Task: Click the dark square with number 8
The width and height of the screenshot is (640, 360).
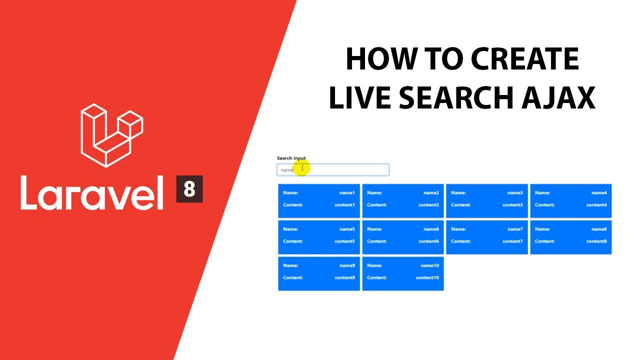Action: click(189, 189)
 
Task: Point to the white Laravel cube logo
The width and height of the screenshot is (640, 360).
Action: click(111, 135)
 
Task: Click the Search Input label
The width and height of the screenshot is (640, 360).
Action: click(291, 158)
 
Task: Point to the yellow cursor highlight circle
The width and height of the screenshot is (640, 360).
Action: click(301, 168)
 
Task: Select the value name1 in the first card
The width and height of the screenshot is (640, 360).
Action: click(346, 192)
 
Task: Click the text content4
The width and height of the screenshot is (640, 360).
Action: click(596, 204)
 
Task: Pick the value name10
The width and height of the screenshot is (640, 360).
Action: click(429, 265)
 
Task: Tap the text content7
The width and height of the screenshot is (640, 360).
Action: click(512, 241)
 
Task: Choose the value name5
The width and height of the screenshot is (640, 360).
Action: click(346, 229)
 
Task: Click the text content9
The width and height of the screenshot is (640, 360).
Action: click(344, 277)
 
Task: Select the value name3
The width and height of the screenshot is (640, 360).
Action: click(514, 192)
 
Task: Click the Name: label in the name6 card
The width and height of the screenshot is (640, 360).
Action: click(374, 229)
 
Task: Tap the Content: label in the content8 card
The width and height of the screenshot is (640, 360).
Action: click(544, 241)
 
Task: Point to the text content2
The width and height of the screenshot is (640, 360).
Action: click(428, 204)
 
